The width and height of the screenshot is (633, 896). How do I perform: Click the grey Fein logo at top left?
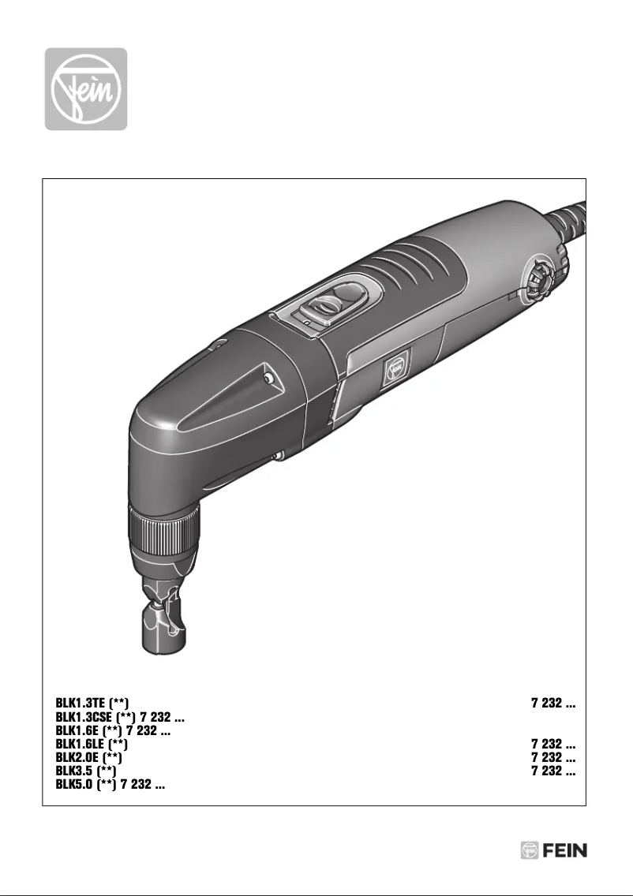85,89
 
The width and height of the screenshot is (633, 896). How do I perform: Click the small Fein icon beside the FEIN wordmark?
529,851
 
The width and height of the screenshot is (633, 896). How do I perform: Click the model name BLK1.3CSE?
86,717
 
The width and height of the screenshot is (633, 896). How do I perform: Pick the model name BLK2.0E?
80,757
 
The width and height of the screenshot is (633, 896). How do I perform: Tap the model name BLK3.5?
73,771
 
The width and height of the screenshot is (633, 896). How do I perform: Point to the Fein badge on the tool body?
395,370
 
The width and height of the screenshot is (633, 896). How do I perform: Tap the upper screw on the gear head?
271,379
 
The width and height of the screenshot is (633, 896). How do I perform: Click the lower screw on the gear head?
279,455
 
